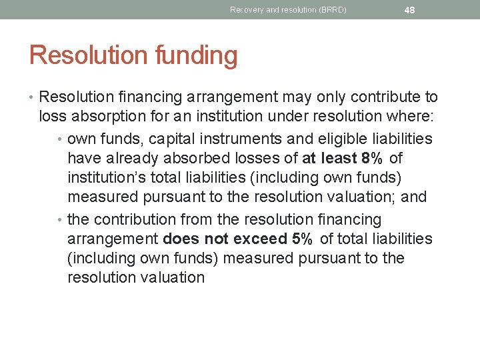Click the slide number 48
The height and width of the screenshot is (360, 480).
[x=409, y=10]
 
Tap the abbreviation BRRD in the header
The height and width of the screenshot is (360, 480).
[x=330, y=10]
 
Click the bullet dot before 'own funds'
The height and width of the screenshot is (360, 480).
[x=61, y=139]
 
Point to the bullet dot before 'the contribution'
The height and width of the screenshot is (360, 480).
[x=61, y=219]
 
